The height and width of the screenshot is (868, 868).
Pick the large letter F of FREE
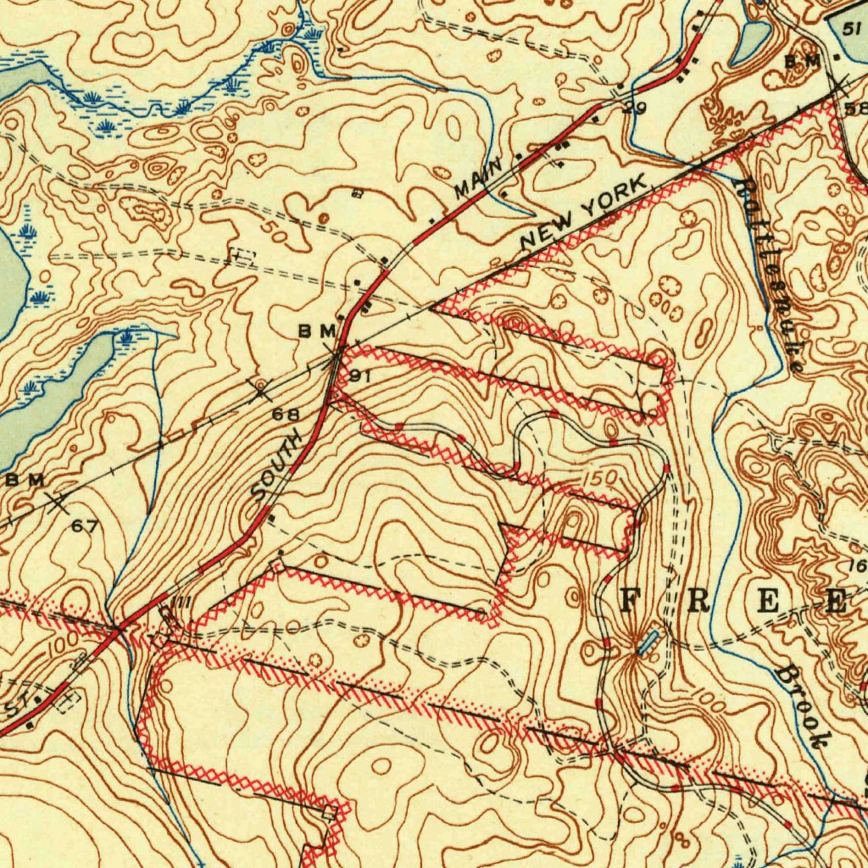[x=631, y=600]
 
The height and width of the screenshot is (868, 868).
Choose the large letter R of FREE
[x=699, y=600]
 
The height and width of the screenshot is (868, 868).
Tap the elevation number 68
[x=286, y=415]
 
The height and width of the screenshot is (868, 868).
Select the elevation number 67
[x=84, y=526]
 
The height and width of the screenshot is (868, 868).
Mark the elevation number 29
[x=634, y=108]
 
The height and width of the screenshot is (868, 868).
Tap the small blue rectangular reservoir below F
[x=648, y=641]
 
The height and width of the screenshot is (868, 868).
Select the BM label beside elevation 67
[x=25, y=481]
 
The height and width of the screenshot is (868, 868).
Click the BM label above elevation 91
[x=316, y=331]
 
